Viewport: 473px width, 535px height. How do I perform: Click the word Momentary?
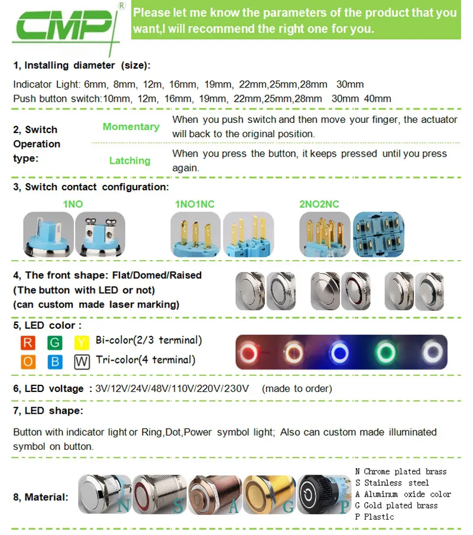pyautogui.click(x=131, y=127)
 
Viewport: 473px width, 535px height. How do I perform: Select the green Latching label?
pyautogui.click(x=129, y=161)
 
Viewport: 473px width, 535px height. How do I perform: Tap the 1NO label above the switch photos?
pyautogui.click(x=73, y=204)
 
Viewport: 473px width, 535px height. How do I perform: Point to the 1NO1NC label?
pyautogui.click(x=195, y=204)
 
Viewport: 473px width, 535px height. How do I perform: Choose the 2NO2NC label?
pyautogui.click(x=319, y=204)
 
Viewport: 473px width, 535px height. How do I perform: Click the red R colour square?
pyautogui.click(x=28, y=342)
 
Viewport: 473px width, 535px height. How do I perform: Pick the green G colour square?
pyautogui.click(x=55, y=342)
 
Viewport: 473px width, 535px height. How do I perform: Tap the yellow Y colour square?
pyautogui.click(x=82, y=342)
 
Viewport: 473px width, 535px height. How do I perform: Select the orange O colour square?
pyautogui.click(x=28, y=361)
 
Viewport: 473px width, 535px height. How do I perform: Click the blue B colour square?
pyautogui.click(x=55, y=361)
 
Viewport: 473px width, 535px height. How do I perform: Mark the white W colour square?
pyautogui.click(x=82, y=361)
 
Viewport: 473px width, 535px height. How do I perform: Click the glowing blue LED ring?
pyautogui.click(x=340, y=353)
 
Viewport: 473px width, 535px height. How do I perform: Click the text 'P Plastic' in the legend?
pyautogui.click(x=374, y=517)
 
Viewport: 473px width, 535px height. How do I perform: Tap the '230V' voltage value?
pyautogui.click(x=237, y=388)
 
